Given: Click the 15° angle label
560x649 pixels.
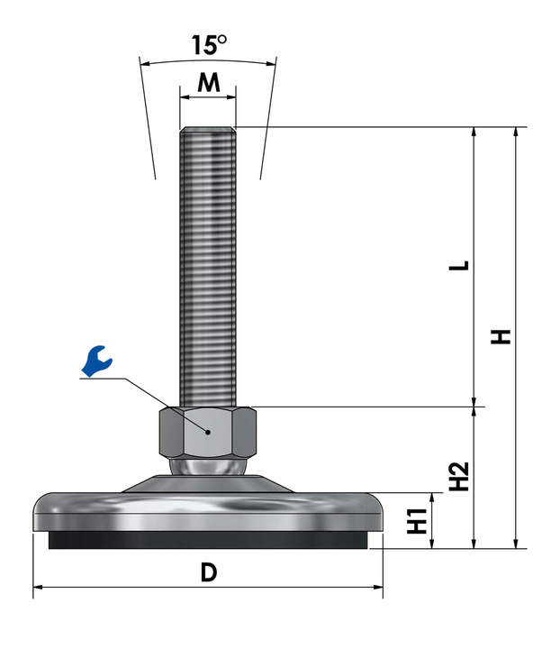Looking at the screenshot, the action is pos(209,45).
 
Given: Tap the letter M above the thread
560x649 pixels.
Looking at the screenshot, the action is pos(209,82).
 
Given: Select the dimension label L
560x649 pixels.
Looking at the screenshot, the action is pos(459,265).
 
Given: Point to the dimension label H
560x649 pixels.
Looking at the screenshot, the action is pos(501,336).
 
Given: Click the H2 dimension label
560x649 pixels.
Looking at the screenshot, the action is pos(459,476).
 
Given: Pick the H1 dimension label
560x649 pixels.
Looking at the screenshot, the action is pos(418,520).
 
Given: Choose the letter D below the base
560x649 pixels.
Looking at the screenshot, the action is pos(209,572).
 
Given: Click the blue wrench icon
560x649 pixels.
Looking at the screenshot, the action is pos(96,361).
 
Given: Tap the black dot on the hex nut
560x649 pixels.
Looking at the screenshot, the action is pos(208,432).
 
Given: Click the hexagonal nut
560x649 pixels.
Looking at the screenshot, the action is pos(208,433).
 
